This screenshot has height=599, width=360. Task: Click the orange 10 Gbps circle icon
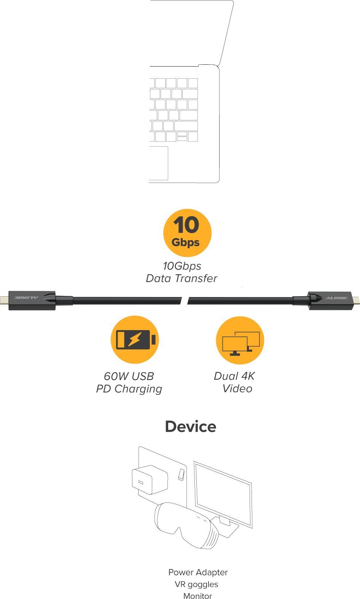[187, 233]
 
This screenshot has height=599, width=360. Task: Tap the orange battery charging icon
[135, 339]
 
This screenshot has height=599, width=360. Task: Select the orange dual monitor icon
[240, 340]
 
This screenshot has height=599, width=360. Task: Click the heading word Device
[191, 427]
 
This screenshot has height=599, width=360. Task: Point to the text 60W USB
[129, 376]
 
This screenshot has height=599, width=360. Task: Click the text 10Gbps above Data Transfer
[182, 266]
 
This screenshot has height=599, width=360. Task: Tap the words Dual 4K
[234, 376]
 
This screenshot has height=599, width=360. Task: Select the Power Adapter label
[198, 572]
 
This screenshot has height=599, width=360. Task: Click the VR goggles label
[196, 584]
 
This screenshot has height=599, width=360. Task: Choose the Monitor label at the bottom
[198, 596]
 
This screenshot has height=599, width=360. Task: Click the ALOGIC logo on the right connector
[336, 298]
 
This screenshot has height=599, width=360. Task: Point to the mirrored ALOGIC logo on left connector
[27, 297]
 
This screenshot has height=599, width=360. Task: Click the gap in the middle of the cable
[184, 300]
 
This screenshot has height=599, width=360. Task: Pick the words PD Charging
[129, 389]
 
